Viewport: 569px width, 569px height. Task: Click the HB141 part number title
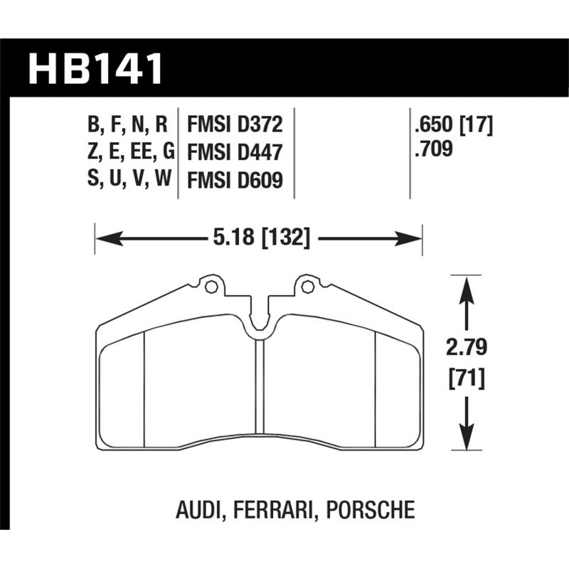pyautogui.click(x=96, y=69)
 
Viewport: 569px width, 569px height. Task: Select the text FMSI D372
pyautogui.click(x=235, y=125)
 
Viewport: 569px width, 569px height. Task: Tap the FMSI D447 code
pyautogui.click(x=235, y=153)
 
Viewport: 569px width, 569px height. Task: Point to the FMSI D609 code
pyautogui.click(x=235, y=181)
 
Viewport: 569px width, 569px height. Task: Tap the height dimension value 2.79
pyautogui.click(x=466, y=349)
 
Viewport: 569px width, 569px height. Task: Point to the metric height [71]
pyautogui.click(x=466, y=378)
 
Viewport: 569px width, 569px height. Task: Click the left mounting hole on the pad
pyautogui.click(x=209, y=287)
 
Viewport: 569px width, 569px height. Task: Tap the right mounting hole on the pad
pyautogui.click(x=307, y=287)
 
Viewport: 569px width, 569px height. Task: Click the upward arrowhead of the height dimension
pyautogui.click(x=466, y=284)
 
